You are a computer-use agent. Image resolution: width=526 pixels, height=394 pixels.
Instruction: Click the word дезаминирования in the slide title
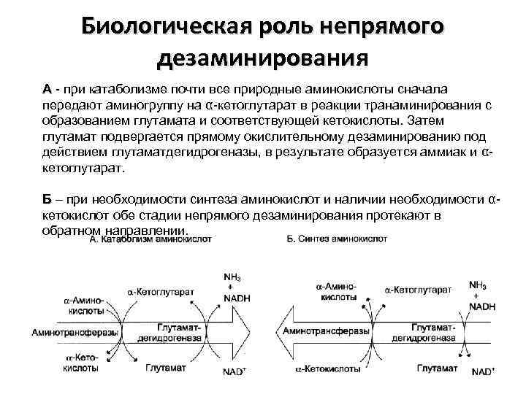pyautogui.click(x=262, y=57)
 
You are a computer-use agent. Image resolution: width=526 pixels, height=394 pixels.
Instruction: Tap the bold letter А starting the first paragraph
pyautogui.click(x=47, y=89)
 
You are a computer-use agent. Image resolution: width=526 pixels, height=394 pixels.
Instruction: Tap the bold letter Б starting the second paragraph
pyautogui.click(x=47, y=200)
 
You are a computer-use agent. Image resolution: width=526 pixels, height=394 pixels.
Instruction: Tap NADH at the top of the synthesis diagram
pyautogui.click(x=481, y=307)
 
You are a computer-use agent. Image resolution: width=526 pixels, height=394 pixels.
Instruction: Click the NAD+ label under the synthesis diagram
pyautogui.click(x=482, y=371)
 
